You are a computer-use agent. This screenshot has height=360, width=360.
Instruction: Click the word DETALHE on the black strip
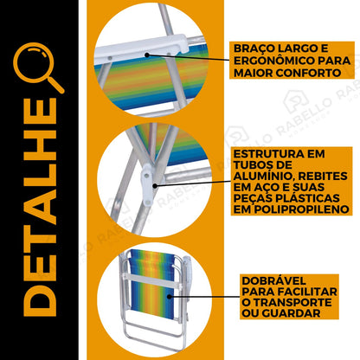coord(40,207)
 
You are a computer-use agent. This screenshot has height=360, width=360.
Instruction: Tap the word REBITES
coord(323,177)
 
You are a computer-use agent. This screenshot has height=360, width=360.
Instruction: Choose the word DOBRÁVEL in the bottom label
coord(273,280)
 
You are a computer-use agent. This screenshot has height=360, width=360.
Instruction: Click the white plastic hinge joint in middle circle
coord(148,183)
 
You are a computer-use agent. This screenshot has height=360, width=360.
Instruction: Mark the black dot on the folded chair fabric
coord(170,296)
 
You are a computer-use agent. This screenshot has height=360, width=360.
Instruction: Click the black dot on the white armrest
coord(147,55)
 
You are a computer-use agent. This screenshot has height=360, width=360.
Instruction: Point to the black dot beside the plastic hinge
coord(155,186)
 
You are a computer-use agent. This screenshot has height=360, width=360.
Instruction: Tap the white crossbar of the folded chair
coord(151,280)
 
